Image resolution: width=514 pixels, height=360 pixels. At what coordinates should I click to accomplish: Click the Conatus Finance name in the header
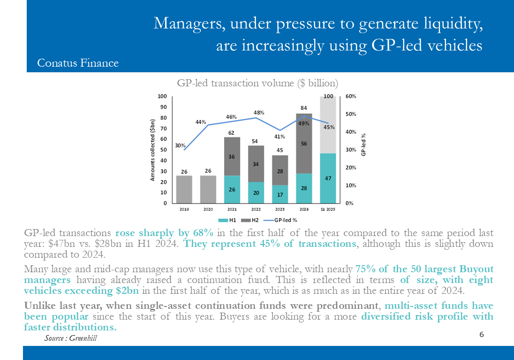pos(78,63)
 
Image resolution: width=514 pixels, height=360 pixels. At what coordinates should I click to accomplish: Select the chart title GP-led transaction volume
pos(257,83)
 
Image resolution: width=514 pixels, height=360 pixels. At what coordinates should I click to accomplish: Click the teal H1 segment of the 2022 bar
pos(256,192)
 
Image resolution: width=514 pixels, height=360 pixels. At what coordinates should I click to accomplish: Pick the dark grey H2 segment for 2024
pos(304,144)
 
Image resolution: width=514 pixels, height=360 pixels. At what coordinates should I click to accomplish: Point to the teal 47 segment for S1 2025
pos(328,178)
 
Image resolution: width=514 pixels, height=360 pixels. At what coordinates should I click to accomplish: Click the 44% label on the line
pos(201,122)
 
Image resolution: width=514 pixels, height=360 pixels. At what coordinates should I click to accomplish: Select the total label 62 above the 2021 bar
pos(231,133)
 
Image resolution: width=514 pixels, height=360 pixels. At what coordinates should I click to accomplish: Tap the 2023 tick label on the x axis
pos(280,209)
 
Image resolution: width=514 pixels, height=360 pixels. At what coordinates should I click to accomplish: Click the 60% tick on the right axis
pos(351,96)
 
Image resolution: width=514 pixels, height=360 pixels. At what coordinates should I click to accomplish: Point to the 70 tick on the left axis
pos(164,129)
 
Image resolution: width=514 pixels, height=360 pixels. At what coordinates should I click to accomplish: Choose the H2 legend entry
pos(251,219)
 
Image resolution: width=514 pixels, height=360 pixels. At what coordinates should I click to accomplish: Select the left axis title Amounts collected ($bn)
pos(152,150)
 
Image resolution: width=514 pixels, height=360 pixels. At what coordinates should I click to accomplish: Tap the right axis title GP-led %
pos(364,145)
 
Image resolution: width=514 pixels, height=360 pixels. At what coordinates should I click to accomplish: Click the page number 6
pos(481,334)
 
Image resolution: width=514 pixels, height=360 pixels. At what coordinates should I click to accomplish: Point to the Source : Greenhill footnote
pos(71,338)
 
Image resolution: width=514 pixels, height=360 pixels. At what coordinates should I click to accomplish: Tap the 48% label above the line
pos(259,113)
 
